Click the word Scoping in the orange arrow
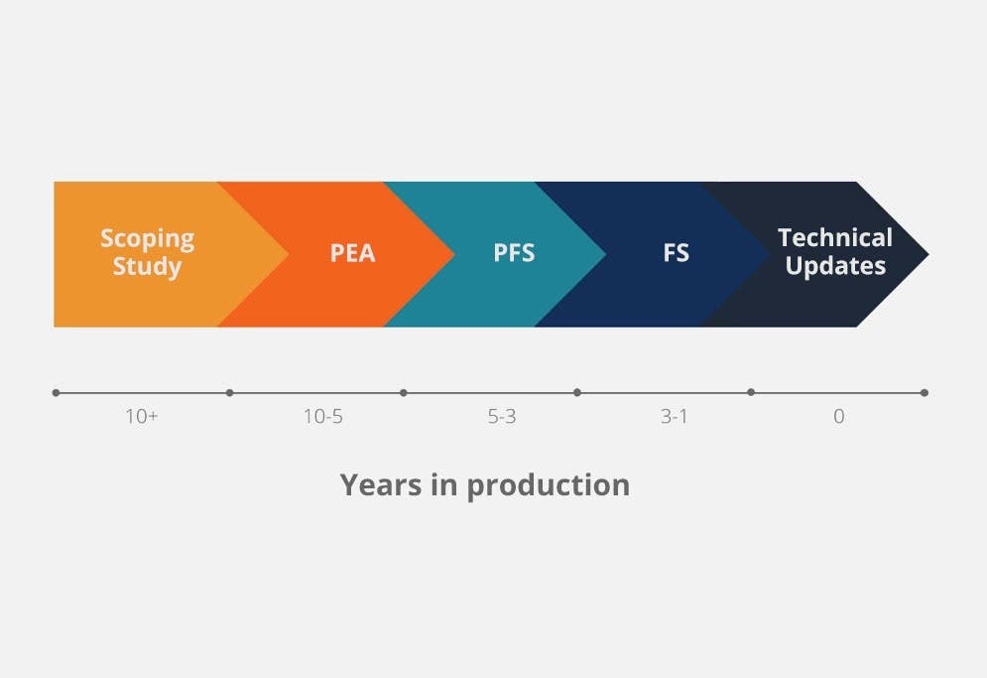click(x=147, y=239)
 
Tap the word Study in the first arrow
click(x=147, y=266)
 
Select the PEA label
click(x=352, y=253)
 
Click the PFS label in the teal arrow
click(x=514, y=253)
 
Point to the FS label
click(x=676, y=253)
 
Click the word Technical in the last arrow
click(x=835, y=238)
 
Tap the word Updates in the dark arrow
click(x=835, y=266)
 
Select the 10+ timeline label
click(x=141, y=417)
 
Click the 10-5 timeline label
click(x=322, y=417)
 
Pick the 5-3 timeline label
click(x=501, y=417)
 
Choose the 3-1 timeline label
click(x=674, y=417)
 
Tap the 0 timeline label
click(x=838, y=417)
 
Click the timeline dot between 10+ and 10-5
click(x=229, y=393)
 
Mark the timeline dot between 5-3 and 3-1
click(x=577, y=393)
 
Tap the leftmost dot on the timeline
click(x=56, y=393)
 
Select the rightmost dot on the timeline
click(x=925, y=393)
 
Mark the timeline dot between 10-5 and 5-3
click(x=403, y=393)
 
